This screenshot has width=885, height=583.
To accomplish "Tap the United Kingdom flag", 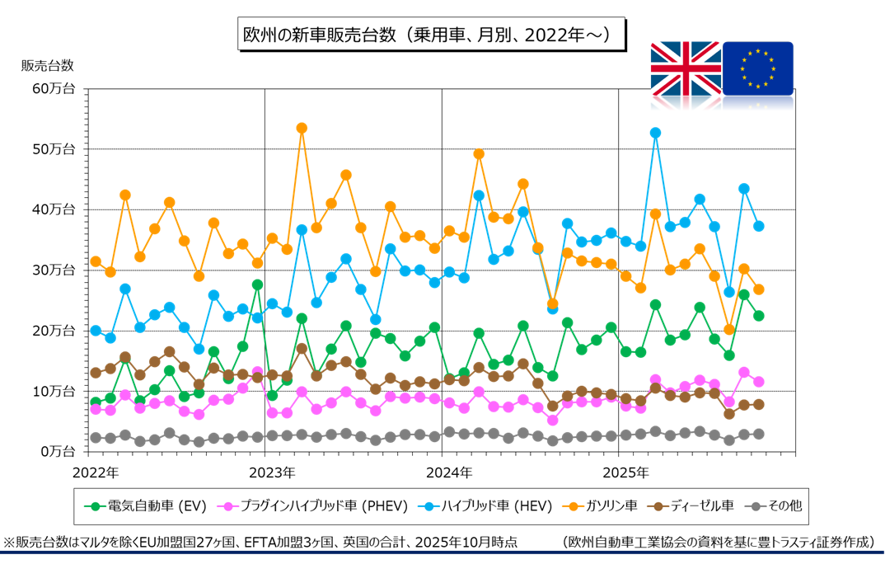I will coord(686,68).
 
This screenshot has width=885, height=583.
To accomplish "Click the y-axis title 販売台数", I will coord(48,65).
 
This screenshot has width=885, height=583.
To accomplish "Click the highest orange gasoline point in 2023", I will coord(302,128).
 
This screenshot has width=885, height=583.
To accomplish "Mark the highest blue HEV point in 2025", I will coord(656,133).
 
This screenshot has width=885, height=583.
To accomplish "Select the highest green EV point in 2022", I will coord(257,284).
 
